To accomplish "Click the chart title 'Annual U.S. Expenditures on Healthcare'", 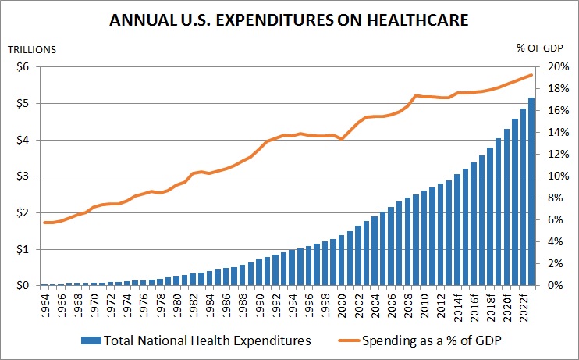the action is point(289,20).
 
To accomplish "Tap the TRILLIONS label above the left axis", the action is point(32,49).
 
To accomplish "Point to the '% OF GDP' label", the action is point(540,48).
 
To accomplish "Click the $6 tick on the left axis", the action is point(23,67).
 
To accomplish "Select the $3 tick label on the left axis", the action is point(23,176).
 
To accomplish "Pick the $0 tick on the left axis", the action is point(23,286).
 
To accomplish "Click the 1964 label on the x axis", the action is point(45,305).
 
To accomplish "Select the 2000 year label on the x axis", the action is point(342,305).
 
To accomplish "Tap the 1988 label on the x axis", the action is point(243,305).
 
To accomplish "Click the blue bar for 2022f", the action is point(524,197).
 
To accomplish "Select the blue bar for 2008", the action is point(407,242).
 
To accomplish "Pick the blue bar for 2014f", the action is point(457,230).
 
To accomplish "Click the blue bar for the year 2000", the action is point(342,260).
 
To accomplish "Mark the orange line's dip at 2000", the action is point(342,138).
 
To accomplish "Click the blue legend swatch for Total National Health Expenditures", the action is point(91,340).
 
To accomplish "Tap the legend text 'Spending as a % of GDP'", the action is point(432,340).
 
